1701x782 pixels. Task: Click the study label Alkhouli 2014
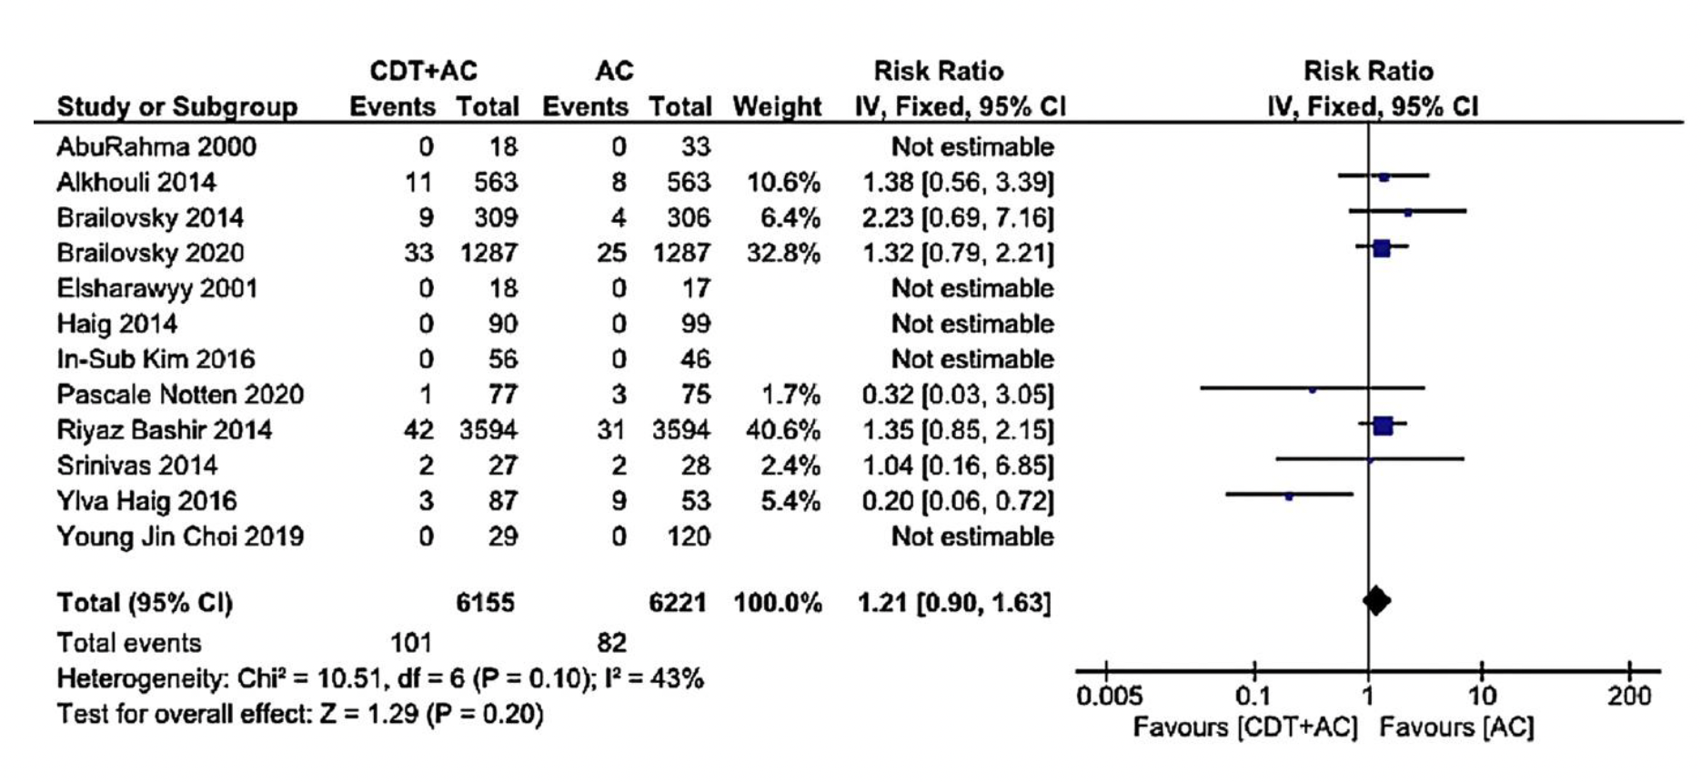(x=136, y=182)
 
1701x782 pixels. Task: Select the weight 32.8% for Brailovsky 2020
(x=783, y=253)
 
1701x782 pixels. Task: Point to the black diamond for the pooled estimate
(x=1376, y=600)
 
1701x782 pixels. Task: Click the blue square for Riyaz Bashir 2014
(x=1383, y=425)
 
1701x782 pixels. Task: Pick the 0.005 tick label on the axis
(x=1109, y=697)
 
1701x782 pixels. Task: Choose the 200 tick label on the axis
(x=1628, y=697)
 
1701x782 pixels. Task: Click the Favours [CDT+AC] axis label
(x=1244, y=727)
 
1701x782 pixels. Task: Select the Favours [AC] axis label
(x=1456, y=727)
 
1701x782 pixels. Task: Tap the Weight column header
(x=777, y=107)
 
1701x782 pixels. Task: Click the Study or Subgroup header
(x=177, y=107)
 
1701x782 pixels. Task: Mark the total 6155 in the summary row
(x=485, y=603)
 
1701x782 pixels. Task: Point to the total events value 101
(x=411, y=643)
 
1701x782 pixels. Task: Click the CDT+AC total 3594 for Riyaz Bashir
(x=488, y=429)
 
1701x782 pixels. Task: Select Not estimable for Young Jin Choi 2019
(x=972, y=536)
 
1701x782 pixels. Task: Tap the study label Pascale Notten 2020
(x=180, y=395)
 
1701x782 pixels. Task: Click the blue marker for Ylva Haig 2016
(x=1289, y=496)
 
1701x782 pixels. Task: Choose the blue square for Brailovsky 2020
(x=1381, y=248)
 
